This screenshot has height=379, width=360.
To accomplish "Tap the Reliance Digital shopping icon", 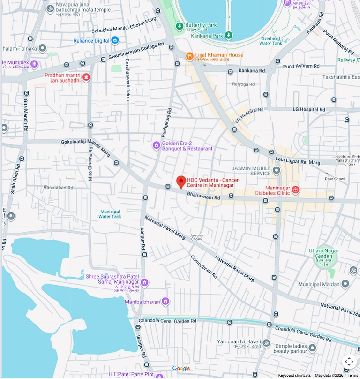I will pyautogui.click(x=115, y=41).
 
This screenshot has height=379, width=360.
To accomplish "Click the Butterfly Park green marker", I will pyautogui.click(x=179, y=25).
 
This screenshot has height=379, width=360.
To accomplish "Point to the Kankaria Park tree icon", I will pyautogui.click(x=228, y=35).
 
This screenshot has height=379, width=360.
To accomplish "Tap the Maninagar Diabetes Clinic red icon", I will pyautogui.click(x=295, y=189).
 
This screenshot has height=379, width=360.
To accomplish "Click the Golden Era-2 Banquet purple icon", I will pyautogui.click(x=157, y=145).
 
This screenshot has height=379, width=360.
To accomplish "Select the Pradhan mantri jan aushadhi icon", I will pyautogui.click(x=86, y=77).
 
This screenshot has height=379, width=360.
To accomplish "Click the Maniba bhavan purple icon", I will pyautogui.click(x=165, y=302).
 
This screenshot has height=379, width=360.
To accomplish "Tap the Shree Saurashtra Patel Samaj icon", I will pyautogui.click(x=144, y=282).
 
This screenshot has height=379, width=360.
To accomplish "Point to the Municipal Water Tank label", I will pyautogui.click(x=110, y=214).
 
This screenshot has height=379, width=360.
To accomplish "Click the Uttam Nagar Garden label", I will pyautogui.click(x=323, y=254).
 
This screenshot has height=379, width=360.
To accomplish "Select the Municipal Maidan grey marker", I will pyautogui.click(x=345, y=284).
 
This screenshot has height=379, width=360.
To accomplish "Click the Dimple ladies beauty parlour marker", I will pyautogui.click(x=312, y=348).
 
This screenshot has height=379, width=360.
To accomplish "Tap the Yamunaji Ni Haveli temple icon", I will pyautogui.click(x=267, y=343).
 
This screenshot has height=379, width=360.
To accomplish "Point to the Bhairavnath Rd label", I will pyautogui.click(x=203, y=195).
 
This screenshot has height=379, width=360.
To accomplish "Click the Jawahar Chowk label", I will pyautogui.click(x=197, y=237).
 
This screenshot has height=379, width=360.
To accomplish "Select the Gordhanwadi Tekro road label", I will pyautogui.click(x=127, y=80).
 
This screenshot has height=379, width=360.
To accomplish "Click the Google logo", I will pyautogui.click(x=181, y=369).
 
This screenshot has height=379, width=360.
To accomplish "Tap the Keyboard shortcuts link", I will pyautogui.click(x=294, y=375).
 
